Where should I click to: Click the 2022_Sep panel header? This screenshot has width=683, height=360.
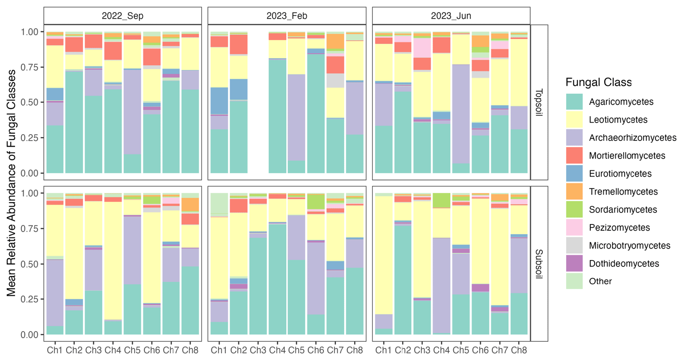pos(122,15)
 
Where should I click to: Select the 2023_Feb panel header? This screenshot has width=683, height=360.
pos(287,15)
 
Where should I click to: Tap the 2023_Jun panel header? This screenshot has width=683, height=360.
pos(451,15)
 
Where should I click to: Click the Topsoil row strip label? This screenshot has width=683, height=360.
pos(540,102)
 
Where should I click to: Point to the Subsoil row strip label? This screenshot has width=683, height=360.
pos(540,263)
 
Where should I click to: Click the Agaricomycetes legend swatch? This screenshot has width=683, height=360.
pos(576,102)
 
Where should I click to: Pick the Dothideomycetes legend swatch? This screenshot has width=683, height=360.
pos(576,263)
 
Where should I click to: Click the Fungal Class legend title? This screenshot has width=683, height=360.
pos(599,82)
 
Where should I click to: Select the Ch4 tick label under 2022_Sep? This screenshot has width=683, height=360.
pos(113,349)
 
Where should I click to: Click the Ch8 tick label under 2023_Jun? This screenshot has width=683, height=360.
pos(519,349)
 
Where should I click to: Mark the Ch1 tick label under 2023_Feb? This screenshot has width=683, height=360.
pos(219,349)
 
